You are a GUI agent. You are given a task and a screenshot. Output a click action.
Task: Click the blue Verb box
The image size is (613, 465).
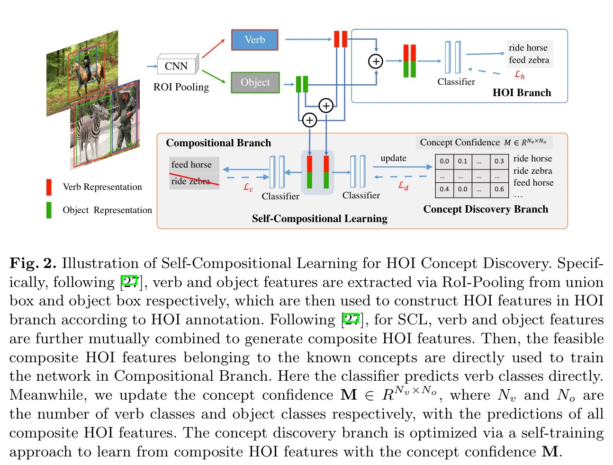click(x=254, y=40)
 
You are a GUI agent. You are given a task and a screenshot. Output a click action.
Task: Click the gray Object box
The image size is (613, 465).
click(x=255, y=82)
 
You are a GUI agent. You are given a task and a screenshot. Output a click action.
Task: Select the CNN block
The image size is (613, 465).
click(x=176, y=66)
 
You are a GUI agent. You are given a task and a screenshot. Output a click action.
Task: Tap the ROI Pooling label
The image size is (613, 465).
click(x=181, y=87)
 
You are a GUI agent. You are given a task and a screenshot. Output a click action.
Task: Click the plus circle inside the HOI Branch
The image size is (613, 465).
click(x=376, y=61)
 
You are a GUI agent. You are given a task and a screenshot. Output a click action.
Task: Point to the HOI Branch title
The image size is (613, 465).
click(x=522, y=93)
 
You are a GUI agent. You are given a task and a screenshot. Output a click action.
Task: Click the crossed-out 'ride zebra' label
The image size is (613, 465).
click(x=191, y=181)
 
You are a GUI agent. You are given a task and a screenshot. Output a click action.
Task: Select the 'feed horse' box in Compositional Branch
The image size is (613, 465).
click(x=192, y=165)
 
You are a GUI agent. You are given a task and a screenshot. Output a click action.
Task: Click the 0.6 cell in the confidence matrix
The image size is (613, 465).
click(x=499, y=189)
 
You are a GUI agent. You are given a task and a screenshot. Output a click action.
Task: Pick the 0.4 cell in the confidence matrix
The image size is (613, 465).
click(x=444, y=189)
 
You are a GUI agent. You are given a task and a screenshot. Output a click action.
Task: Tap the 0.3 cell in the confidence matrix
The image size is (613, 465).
click(x=499, y=161)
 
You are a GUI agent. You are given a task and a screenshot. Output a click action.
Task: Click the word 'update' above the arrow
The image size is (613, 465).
click(x=393, y=158)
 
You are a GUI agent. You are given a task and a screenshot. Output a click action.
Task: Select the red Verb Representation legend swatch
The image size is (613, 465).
click(x=49, y=187)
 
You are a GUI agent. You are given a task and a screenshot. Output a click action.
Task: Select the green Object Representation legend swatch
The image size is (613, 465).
click(x=49, y=210)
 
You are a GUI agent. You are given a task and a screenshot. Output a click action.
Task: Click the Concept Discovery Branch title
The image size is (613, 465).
click(x=486, y=209)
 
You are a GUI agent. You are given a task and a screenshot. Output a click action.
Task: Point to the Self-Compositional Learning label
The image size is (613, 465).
click(x=319, y=219)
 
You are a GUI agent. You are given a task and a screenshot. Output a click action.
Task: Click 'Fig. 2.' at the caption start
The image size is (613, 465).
click(x=33, y=263)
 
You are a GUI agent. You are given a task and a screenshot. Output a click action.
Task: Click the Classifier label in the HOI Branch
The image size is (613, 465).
click(x=456, y=82)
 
